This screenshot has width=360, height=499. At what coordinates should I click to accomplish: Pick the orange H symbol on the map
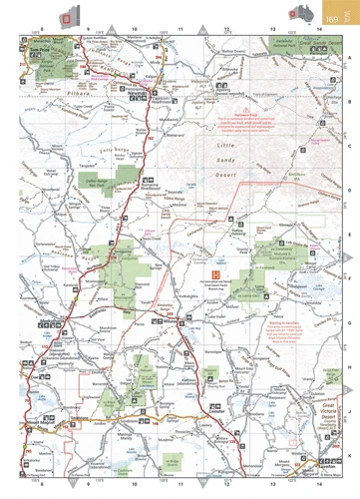point(213,270)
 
